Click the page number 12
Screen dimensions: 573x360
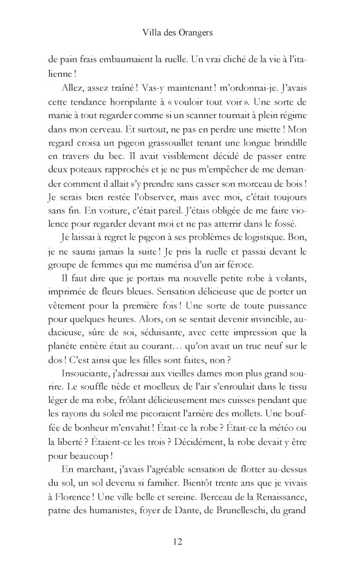pyautogui.click(x=179, y=541)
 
